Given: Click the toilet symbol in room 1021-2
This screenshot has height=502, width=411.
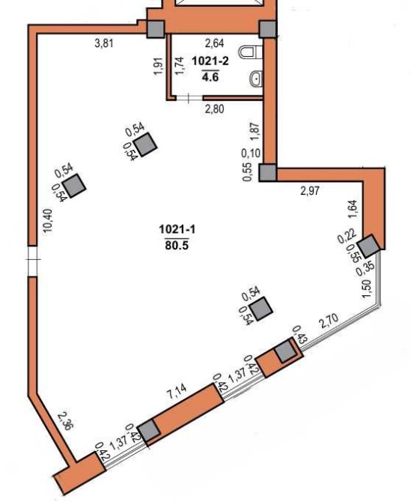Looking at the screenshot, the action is click(x=251, y=52).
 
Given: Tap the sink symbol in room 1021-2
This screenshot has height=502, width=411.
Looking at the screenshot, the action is click(x=257, y=79).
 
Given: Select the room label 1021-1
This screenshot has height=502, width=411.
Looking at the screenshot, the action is click(x=177, y=229).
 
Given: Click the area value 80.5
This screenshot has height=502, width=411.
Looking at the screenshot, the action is click(x=177, y=245).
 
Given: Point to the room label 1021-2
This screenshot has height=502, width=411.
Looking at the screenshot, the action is click(x=210, y=61).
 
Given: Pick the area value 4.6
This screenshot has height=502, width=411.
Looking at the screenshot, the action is click(x=210, y=77).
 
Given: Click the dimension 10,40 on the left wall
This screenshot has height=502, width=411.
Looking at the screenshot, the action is click(x=47, y=221).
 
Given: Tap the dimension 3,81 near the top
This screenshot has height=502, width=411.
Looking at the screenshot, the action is click(x=104, y=43).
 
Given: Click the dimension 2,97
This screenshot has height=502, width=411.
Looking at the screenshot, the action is click(x=310, y=191).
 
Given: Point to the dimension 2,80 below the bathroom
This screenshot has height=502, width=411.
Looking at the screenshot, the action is click(x=214, y=109).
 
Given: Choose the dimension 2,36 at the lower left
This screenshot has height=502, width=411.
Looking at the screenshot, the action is click(x=66, y=421).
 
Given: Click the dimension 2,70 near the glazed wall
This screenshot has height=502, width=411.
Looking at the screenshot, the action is click(x=329, y=321).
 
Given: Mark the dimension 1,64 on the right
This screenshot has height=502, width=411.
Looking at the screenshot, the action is click(x=356, y=209).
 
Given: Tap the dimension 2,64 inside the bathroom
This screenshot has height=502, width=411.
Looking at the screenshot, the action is click(x=214, y=43).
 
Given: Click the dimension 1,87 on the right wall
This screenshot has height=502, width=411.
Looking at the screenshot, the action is click(x=255, y=130).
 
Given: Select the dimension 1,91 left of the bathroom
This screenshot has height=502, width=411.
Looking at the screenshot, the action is click(x=159, y=66).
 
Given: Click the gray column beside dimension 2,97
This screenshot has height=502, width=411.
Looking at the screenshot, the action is click(x=267, y=173).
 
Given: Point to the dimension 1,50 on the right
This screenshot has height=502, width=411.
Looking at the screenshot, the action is click(x=367, y=288).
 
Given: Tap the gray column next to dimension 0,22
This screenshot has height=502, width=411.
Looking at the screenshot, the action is click(x=369, y=246).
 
